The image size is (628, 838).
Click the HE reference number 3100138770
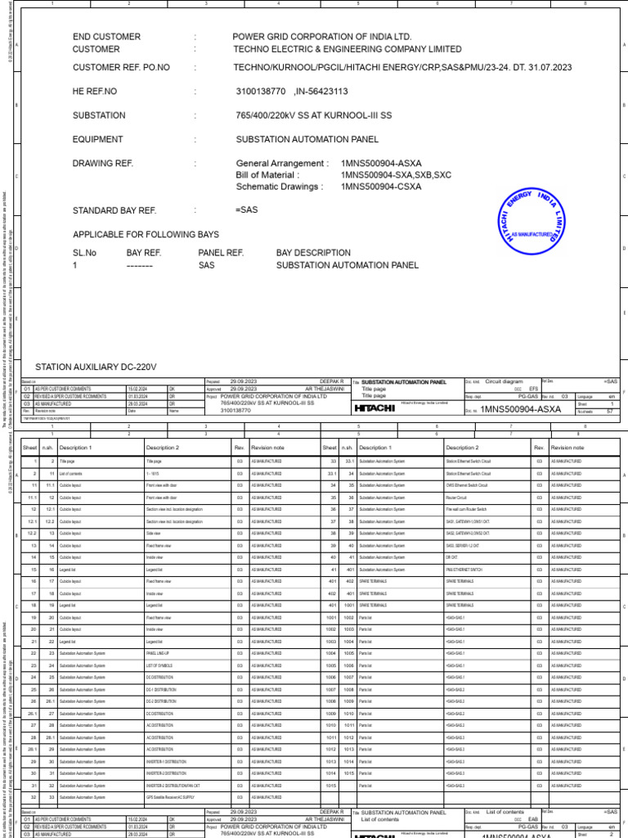pyautogui.click(x=261, y=92)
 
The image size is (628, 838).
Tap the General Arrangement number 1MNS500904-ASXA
pyautogui.click(x=381, y=164)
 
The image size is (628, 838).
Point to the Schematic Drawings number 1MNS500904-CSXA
pyautogui.click(x=381, y=187)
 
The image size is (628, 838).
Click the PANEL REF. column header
pyautogui.click(x=221, y=253)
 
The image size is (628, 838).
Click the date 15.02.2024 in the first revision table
pyautogui.click(x=137, y=389)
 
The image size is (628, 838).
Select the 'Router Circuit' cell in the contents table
pyautogui.click(x=459, y=497)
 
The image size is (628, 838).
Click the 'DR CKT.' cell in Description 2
pyautogui.click(x=451, y=556)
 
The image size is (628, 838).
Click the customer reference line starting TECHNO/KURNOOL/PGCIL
pyautogui.click(x=403, y=67)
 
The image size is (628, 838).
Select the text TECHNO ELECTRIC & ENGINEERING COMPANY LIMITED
pyautogui.click(x=347, y=49)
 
